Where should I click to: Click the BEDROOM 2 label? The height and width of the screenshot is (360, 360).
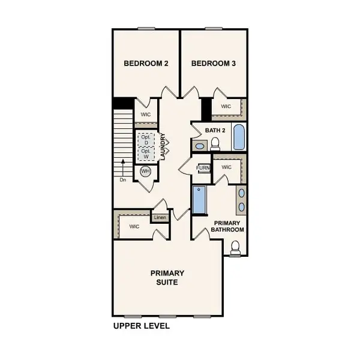145,63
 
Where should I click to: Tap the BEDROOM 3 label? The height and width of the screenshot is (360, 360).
213,63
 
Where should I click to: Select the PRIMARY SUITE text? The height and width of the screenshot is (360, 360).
167,277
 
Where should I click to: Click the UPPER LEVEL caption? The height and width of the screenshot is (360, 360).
142,326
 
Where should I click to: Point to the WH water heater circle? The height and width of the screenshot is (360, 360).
145,172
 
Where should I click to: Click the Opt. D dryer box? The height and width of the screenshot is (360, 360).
145,139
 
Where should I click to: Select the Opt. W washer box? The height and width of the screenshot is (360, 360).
145,154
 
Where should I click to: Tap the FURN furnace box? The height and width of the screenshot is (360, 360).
204,168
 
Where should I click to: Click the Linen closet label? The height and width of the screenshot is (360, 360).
160,217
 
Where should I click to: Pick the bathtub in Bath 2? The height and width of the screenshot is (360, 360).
238,137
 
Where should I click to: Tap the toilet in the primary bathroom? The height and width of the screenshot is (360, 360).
236,247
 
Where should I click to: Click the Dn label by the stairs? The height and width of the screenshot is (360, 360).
122,179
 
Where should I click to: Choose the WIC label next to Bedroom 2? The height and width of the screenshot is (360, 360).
146,114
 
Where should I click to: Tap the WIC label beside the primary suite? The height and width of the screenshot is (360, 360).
134,226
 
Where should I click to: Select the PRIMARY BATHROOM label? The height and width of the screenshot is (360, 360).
229,226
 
